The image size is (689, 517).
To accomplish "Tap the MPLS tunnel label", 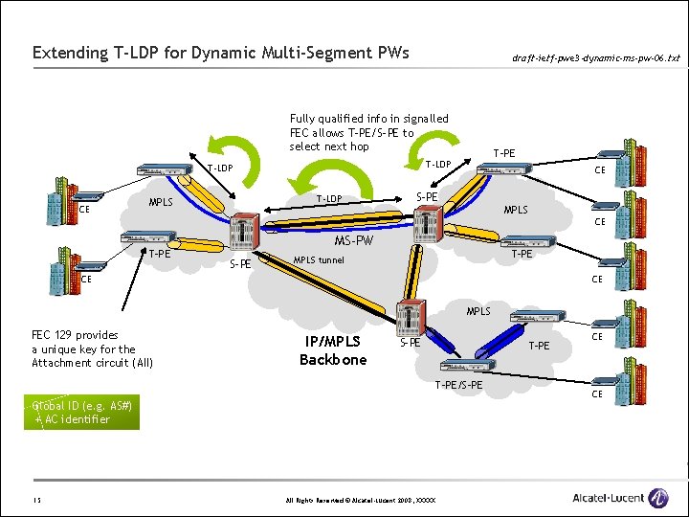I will point(318,260).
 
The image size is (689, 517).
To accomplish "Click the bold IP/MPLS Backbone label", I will point(333,350).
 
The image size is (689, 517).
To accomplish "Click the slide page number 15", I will point(35,500).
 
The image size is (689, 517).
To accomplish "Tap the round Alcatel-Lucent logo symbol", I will point(658,498).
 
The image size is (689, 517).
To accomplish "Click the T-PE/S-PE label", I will point(458,385).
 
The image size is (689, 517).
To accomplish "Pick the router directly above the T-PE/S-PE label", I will point(467,366).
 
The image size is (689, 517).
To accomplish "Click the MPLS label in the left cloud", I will point(161,203).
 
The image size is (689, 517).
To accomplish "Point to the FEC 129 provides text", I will point(76,335).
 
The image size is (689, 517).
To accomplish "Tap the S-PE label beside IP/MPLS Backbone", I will point(410,342).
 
